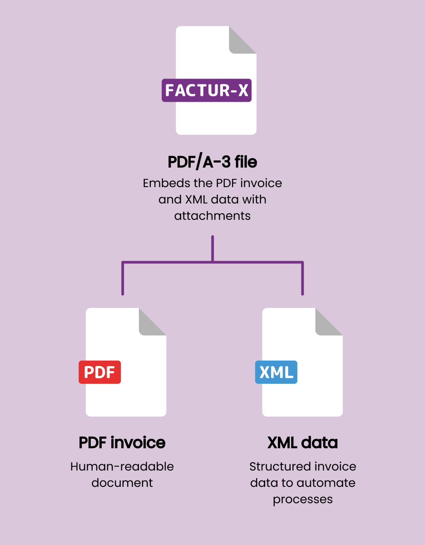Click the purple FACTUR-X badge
coord(207,90)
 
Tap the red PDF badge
coord(100,372)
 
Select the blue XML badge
coord(276,372)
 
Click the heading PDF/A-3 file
coord(212,162)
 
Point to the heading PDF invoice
coord(122,442)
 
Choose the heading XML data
coord(302,442)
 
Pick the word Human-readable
coord(122,466)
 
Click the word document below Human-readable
coord(122,482)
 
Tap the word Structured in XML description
coord(275,466)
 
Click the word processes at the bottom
coord(302,499)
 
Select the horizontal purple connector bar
coord(182,262)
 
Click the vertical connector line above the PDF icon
coord(123,279)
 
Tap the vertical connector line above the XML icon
coord(302,279)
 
